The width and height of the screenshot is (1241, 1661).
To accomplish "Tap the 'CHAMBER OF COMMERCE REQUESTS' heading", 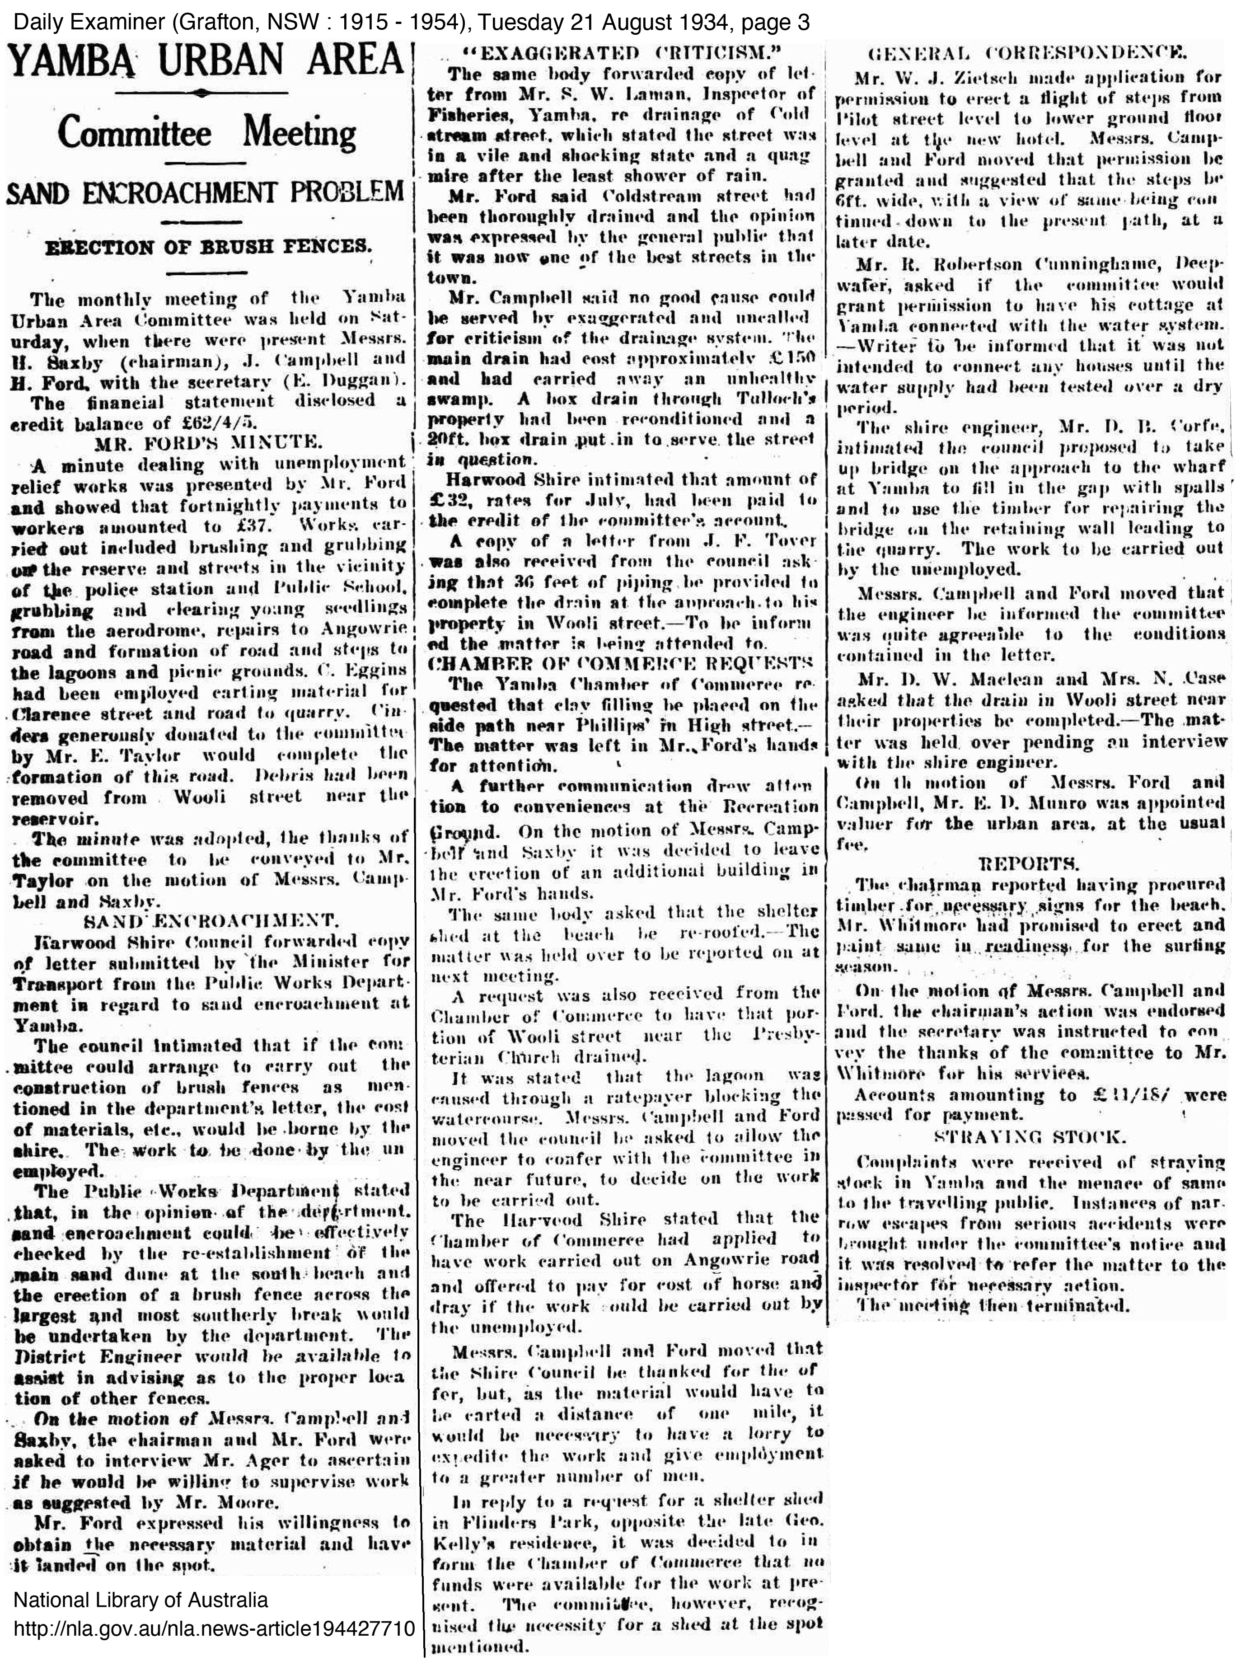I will click(x=621, y=663).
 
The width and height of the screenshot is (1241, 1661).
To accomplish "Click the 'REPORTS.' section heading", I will click(x=1029, y=862).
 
